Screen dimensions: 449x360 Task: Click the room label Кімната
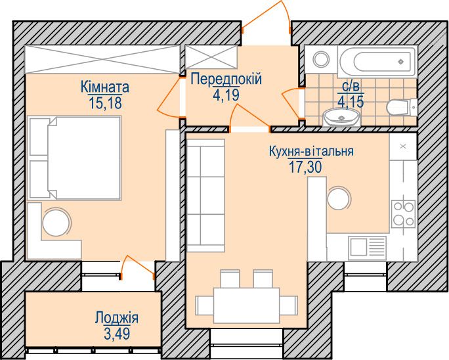pyautogui.click(x=105, y=87)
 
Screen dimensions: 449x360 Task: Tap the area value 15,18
pyautogui.click(x=106, y=102)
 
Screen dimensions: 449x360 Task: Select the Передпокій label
pyautogui.click(x=226, y=79)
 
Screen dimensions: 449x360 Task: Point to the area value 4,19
pyautogui.click(x=226, y=95)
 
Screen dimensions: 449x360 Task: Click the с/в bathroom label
pyautogui.click(x=351, y=85)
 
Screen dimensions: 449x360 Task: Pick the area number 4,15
pyautogui.click(x=351, y=101)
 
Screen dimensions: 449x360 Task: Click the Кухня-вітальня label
pyautogui.click(x=311, y=151)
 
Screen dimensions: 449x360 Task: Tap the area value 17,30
pyautogui.click(x=305, y=167)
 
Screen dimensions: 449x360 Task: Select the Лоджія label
pyautogui.click(x=117, y=318)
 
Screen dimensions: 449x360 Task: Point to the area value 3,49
pyautogui.click(x=117, y=334)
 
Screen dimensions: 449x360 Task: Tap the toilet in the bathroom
pyautogui.click(x=402, y=107)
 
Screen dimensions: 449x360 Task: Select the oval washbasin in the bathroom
pyautogui.click(x=341, y=117)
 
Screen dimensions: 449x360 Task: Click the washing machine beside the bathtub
pyautogui.click(x=321, y=59)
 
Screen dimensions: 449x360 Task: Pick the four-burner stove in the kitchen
pyautogui.click(x=404, y=214)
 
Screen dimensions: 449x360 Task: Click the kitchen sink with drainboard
pyautogui.click(x=367, y=246)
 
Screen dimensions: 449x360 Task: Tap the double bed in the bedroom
pyautogui.click(x=74, y=158)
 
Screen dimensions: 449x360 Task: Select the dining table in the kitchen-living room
pyautogui.click(x=247, y=305)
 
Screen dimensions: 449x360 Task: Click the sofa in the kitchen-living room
pyautogui.click(x=205, y=196)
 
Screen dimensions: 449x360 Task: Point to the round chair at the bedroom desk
pyautogui.click(x=56, y=222)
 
